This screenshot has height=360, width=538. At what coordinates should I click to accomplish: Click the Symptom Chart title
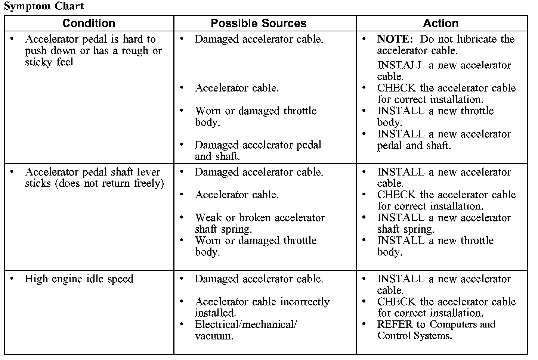[x=44, y=6]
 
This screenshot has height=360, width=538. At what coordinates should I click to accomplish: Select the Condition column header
[x=89, y=23]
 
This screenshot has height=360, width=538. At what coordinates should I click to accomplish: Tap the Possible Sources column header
[x=259, y=23]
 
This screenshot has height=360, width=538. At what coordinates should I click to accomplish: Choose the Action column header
[x=440, y=23]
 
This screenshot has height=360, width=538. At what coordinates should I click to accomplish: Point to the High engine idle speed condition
[x=79, y=279]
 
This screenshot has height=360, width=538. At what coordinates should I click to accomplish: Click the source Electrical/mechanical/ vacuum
[x=245, y=330]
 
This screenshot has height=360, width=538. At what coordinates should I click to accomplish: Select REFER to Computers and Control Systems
[x=436, y=330]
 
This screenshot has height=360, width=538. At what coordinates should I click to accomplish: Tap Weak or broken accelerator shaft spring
[x=260, y=223]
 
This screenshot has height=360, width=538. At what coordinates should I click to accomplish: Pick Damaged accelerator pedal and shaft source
[x=258, y=150]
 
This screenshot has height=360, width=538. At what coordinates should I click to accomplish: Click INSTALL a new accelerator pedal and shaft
[x=444, y=139]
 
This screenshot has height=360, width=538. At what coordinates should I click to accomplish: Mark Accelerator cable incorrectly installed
[x=262, y=307]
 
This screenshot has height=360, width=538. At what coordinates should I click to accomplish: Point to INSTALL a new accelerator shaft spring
[x=444, y=223]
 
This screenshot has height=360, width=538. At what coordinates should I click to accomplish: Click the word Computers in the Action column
[x=452, y=324]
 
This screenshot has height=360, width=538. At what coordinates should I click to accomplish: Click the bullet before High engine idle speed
[x=12, y=279]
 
